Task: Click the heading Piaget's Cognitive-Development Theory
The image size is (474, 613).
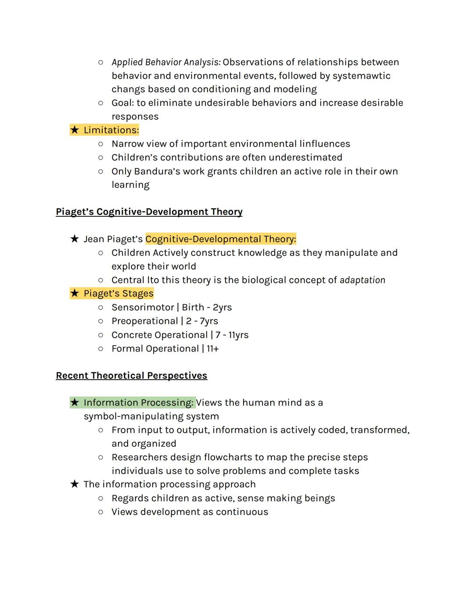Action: [x=149, y=212]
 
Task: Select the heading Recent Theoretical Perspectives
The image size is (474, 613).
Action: [x=131, y=376]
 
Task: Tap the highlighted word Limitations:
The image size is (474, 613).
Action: [x=111, y=130]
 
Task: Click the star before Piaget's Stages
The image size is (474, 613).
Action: [x=75, y=293]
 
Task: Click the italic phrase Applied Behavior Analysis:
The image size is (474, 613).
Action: [x=166, y=62]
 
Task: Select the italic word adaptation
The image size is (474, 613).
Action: [x=362, y=280]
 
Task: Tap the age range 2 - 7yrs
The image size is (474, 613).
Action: [x=202, y=321]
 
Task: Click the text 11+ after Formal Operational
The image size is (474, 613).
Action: [x=212, y=349]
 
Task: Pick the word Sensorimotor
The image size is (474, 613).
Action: [x=143, y=308]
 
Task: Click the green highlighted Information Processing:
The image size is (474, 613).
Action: [x=138, y=403]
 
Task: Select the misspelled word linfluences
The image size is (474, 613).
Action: [x=324, y=144]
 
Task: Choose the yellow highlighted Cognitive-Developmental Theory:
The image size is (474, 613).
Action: [x=220, y=239]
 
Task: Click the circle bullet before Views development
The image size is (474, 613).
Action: [x=101, y=512]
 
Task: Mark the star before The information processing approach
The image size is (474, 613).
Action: [x=75, y=484]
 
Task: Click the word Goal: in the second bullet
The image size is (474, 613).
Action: [x=122, y=103]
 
